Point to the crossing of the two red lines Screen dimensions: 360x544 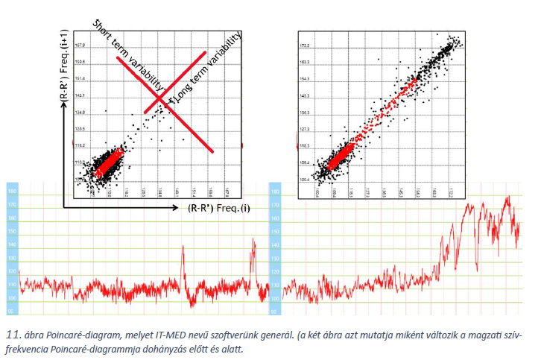160,98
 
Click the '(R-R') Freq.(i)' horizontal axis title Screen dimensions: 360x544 218,208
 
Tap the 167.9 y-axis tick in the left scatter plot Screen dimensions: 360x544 80,45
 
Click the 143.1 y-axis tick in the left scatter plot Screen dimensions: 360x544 80,95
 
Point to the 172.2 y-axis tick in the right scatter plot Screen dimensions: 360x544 303,45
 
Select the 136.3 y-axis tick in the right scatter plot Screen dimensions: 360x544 303,113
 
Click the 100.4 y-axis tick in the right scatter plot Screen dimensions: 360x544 303,180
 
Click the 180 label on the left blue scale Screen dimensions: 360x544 11,192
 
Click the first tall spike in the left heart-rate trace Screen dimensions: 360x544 183,249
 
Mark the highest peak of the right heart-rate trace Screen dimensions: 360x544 508,198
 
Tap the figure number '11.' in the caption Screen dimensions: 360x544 12,333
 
